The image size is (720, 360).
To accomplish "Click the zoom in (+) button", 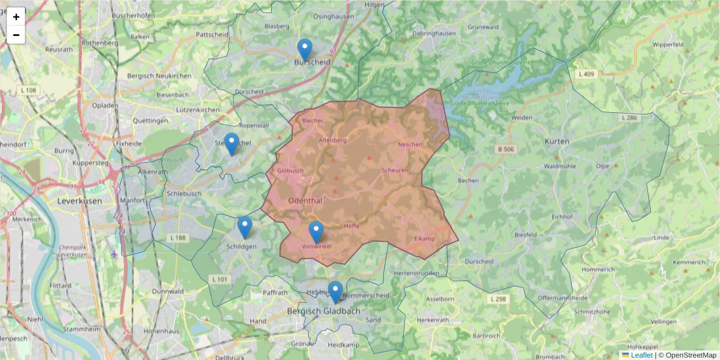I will [16, 17].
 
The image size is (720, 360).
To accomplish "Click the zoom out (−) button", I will [16, 35].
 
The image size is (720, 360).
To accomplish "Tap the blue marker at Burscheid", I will [305, 49].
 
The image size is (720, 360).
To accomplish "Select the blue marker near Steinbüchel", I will [232, 143].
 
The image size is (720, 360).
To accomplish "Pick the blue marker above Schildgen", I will [244, 227].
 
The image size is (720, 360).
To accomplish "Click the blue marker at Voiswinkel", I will [316, 232].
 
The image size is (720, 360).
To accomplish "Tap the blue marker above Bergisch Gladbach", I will [335, 292].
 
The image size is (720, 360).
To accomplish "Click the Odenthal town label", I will [306, 200].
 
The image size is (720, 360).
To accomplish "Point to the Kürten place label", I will [557, 141].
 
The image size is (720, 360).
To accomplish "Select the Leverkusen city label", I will [79, 201].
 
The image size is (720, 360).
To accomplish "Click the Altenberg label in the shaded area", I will [333, 140].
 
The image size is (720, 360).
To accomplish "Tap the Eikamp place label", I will [424, 239].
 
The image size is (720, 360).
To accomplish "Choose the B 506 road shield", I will [506, 149].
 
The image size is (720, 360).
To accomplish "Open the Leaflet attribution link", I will [641, 355].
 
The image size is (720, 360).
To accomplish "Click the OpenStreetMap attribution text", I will [691, 355].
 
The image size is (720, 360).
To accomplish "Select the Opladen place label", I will [104, 105].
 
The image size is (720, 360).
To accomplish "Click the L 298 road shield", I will [498, 299].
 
